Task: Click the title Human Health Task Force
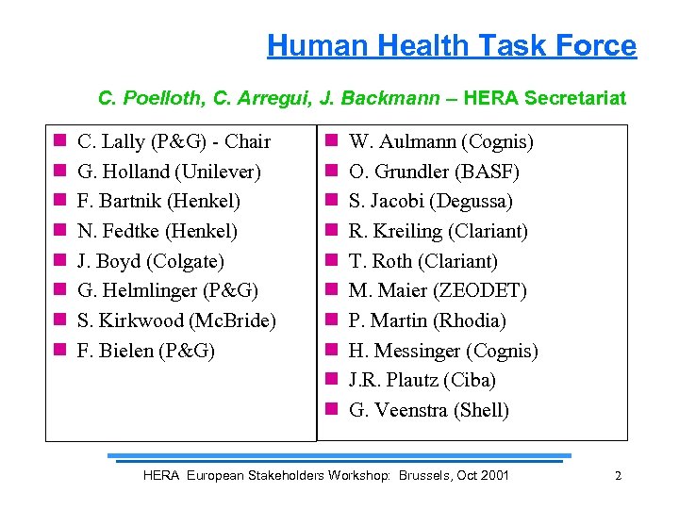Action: click(x=452, y=45)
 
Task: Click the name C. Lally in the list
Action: click(x=109, y=142)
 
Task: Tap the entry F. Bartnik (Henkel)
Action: click(x=158, y=202)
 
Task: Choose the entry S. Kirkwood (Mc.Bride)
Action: click(x=176, y=320)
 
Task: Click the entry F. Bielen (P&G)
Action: click(x=145, y=351)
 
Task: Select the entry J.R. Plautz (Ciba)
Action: click(x=422, y=380)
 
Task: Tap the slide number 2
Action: click(x=618, y=476)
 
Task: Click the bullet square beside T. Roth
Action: click(x=332, y=261)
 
